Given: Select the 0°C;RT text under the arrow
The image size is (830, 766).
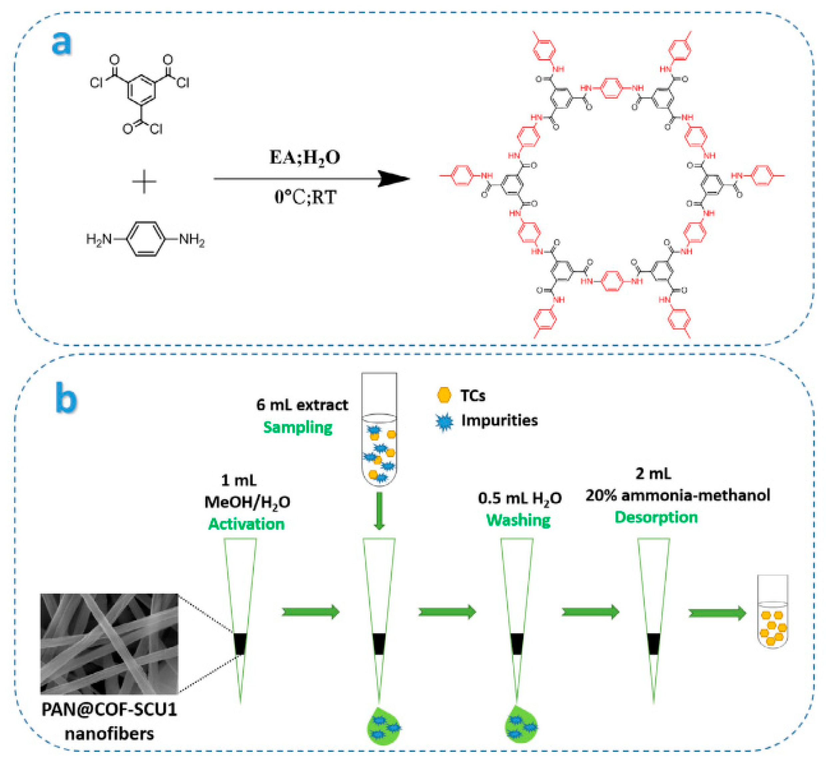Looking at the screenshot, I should click(x=305, y=197).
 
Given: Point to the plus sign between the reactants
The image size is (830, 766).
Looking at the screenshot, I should click(x=144, y=182).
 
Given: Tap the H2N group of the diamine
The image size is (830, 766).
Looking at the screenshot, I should click(x=99, y=239).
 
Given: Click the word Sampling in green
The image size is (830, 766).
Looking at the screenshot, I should click(x=298, y=427).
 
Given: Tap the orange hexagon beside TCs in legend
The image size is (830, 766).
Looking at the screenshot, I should click(x=444, y=395).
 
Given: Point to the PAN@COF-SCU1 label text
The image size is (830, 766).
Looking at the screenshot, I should click(x=109, y=710).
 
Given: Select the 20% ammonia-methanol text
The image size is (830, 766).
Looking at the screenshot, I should click(x=677, y=495).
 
